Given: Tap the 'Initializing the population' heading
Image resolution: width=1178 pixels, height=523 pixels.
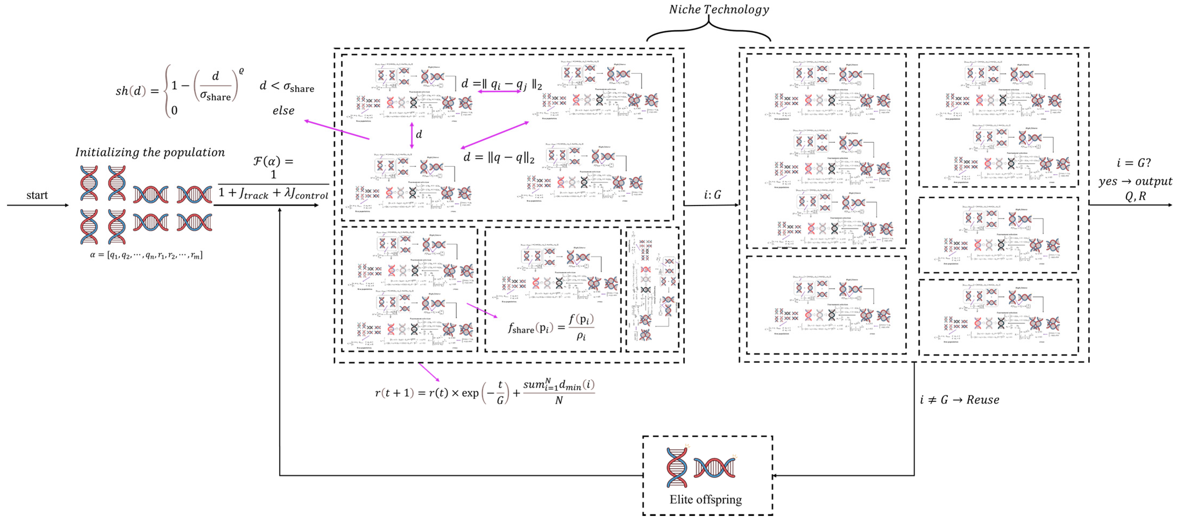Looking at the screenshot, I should (x=150, y=152).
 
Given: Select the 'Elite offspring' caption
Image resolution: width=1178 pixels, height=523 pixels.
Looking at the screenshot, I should (x=706, y=499).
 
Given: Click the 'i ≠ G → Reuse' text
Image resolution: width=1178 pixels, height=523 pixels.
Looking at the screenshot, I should (x=959, y=400).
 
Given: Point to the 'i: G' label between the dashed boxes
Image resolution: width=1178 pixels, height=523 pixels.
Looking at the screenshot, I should (x=712, y=195).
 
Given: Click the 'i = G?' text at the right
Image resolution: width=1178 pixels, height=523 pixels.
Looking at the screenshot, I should (x=1133, y=163).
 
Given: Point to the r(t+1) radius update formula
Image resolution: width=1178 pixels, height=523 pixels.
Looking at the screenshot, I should (x=485, y=393).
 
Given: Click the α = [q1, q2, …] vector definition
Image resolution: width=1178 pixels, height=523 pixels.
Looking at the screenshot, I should (x=146, y=255).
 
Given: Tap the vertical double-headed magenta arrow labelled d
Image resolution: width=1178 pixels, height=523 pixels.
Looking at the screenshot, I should (x=412, y=135).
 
